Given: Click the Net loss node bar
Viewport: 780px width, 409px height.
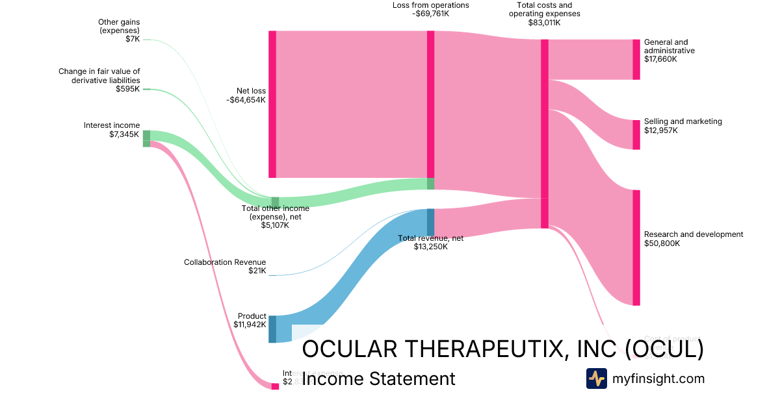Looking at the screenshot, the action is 272,104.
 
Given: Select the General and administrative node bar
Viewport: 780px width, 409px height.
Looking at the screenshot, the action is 636,59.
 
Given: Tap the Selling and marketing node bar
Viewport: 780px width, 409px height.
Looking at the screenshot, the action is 636,134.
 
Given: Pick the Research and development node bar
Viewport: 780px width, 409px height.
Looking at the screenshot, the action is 636,247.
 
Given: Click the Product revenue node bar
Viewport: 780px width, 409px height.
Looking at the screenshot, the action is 272,329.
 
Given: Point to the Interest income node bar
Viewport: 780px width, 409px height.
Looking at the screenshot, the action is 146,138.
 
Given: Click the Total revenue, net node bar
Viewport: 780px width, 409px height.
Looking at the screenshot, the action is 430,222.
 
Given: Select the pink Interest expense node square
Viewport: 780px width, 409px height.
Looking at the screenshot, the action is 275,386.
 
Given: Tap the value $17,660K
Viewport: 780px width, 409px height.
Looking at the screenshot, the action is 660,59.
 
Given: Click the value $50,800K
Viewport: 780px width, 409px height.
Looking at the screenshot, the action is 662,243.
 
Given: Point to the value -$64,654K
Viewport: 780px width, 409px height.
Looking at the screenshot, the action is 246,100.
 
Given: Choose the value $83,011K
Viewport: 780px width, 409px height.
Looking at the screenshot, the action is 544,23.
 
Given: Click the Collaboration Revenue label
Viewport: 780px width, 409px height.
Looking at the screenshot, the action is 225,262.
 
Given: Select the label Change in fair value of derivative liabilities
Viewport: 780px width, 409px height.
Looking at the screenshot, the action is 99,76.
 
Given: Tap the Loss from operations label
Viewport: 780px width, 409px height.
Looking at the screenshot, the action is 430,5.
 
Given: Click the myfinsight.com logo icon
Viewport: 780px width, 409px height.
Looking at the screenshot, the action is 596,378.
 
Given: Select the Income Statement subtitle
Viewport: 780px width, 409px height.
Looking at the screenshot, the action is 379,378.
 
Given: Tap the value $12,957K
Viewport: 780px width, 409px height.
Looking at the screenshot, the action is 660,130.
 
